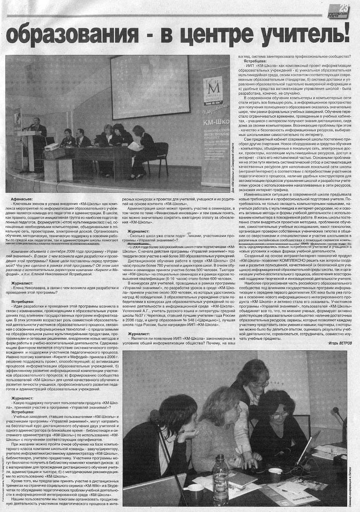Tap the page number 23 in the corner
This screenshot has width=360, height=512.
[x=345, y=8]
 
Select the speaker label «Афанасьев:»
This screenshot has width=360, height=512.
[x=23, y=200]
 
